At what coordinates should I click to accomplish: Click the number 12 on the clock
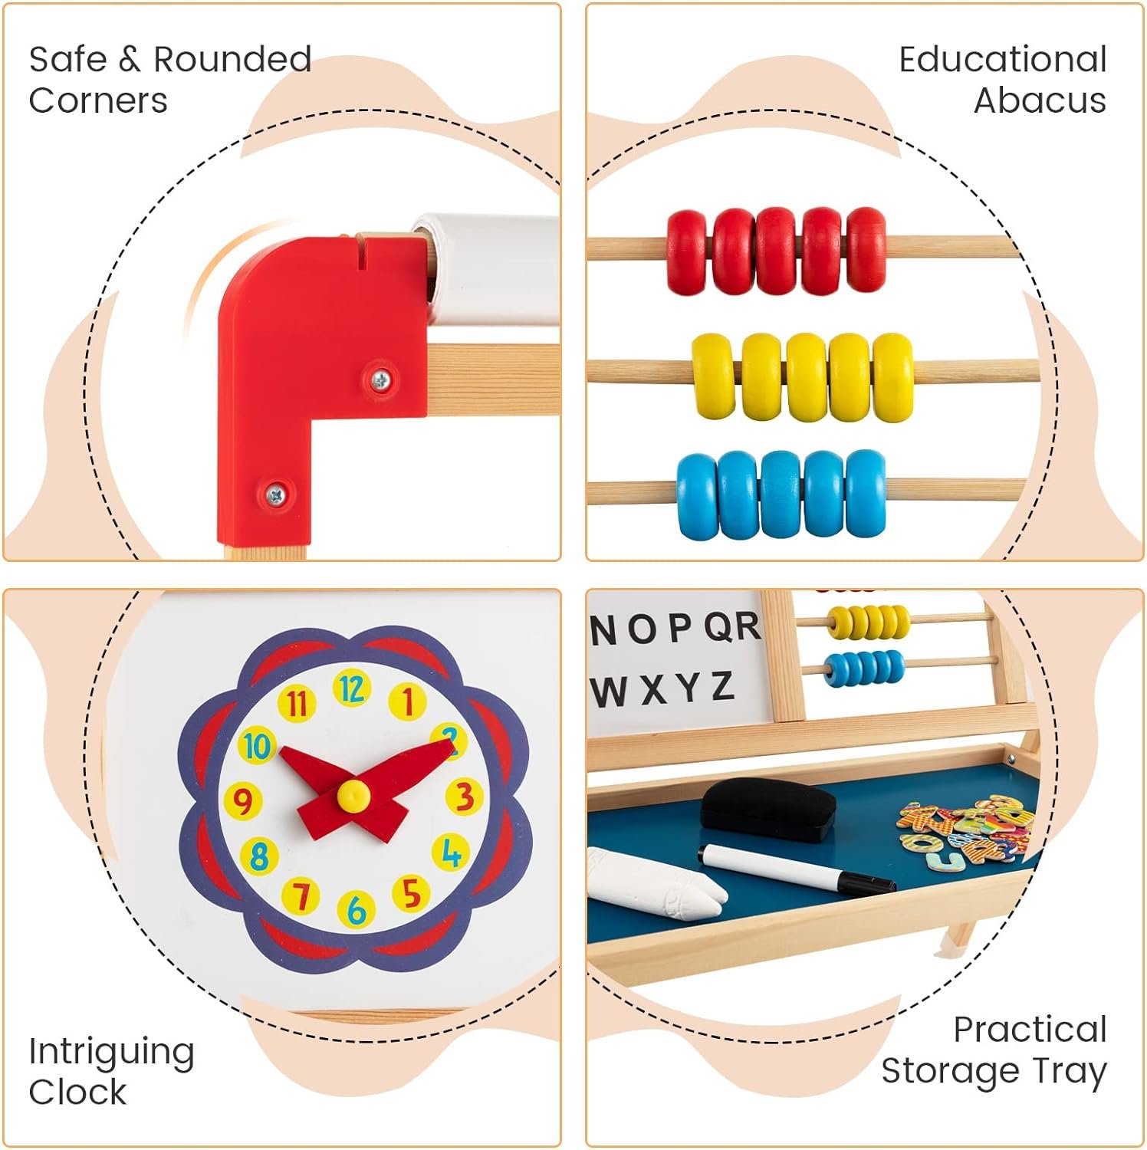coord(351,689)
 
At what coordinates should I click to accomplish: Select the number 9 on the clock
coord(242,802)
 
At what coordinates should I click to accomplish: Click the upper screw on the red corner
coord(380,379)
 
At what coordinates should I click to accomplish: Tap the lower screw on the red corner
coord(275,495)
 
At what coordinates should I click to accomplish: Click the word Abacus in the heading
coord(1040,100)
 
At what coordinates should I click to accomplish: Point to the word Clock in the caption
coord(77,1091)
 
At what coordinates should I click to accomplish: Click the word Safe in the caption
coord(67,59)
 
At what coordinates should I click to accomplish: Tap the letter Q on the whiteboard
coord(718,628)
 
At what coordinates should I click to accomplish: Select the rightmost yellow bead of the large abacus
coord(893,377)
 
